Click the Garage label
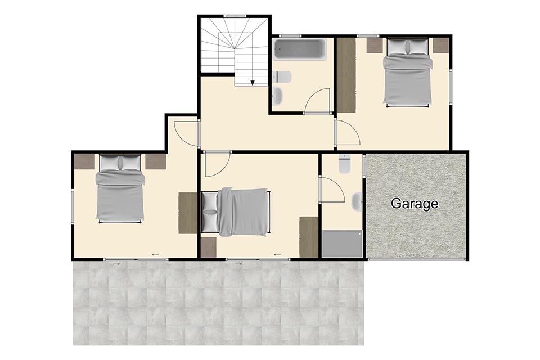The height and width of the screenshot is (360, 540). pyautogui.click(x=415, y=204)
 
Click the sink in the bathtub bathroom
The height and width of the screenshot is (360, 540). pyautogui.click(x=278, y=95)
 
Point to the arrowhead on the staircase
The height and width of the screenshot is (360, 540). pyautogui.click(x=253, y=83)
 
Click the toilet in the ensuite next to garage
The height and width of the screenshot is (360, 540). pyautogui.click(x=344, y=164)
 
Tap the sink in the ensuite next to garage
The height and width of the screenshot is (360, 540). pyautogui.click(x=357, y=201)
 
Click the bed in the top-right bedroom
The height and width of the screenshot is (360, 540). pyautogui.click(x=408, y=72)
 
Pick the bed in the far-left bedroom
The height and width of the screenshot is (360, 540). pyautogui.click(x=120, y=188)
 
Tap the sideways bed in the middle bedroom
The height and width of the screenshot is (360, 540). pyautogui.click(x=236, y=212)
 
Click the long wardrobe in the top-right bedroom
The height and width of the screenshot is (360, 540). pyautogui.click(x=346, y=75)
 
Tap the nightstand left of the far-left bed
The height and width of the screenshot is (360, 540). pyautogui.click(x=85, y=161)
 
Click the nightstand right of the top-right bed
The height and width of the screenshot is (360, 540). pyautogui.click(x=441, y=46)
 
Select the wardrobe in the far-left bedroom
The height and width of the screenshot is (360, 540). pyautogui.click(x=188, y=214)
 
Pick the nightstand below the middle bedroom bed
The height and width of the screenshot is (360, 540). pyautogui.click(x=209, y=247)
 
